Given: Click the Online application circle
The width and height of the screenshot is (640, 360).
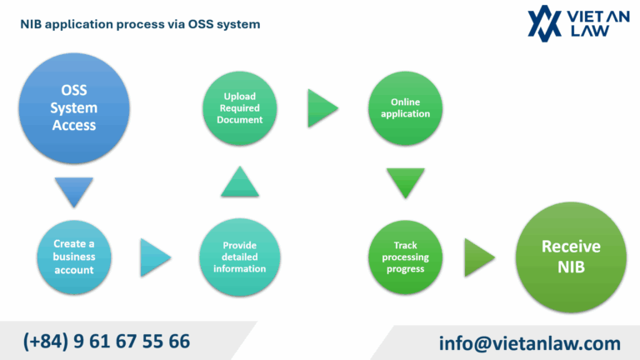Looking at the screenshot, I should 405,108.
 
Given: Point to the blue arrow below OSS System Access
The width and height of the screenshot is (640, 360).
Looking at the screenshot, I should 73,192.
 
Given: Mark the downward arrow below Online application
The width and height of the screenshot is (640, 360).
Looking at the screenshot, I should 405,182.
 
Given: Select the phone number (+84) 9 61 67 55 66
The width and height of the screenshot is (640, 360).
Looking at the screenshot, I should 107,341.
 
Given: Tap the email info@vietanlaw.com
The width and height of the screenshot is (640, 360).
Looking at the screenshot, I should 529,342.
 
